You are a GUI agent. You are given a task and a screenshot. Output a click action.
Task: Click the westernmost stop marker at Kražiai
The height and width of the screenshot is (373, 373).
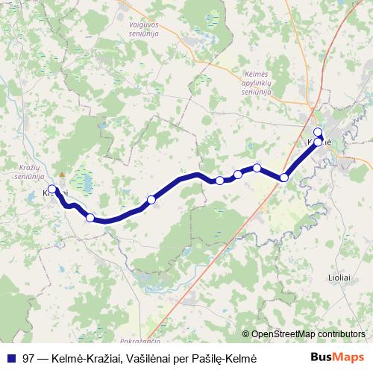pyautogui.click(x=51, y=189)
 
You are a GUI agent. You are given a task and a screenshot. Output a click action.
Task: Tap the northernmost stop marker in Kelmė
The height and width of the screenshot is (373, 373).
pyautogui.click(x=318, y=132)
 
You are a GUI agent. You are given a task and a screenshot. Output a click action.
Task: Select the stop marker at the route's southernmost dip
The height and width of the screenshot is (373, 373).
pyautogui.click(x=90, y=218)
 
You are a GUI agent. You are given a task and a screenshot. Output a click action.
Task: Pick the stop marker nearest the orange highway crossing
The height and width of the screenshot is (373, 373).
pyautogui.click(x=284, y=178)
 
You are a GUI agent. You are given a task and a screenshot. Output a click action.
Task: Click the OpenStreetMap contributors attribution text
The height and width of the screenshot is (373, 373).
pyautogui.click(x=308, y=334)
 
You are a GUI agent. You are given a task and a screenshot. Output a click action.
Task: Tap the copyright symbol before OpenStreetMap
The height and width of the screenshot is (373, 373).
pyautogui.click(x=245, y=334)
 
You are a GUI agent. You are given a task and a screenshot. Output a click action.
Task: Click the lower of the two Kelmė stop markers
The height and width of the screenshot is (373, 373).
pyautogui.click(x=319, y=141)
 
